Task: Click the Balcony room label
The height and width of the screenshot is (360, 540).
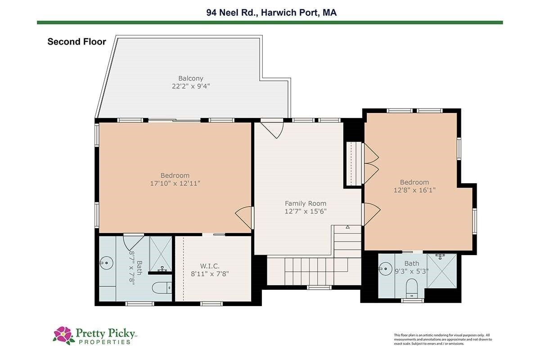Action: coord(190,78)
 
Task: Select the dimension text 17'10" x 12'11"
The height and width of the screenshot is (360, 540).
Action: coord(175,184)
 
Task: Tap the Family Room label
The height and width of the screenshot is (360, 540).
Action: coord(306,203)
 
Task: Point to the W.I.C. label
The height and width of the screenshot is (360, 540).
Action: coord(210,266)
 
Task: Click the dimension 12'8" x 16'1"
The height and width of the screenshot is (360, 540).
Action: coord(414,190)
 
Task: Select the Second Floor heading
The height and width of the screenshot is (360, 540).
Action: coord(76,42)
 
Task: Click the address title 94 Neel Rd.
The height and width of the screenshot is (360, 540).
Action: coord(232,13)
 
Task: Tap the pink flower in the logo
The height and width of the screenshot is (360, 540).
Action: coord(63,334)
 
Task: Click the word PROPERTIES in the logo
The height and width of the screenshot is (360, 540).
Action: coord(104,342)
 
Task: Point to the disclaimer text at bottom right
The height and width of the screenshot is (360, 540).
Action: coord(443,339)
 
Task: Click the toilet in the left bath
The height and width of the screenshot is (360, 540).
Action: coord(162,288)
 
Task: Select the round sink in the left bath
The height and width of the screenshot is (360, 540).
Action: coord(106,263)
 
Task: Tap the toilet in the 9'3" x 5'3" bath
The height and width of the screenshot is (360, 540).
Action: coord(412,288)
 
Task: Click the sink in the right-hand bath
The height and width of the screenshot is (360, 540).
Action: coord(385,269)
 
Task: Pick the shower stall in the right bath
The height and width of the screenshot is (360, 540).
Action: coord(442,270)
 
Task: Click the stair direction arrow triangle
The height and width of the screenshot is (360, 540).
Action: coord(347,227)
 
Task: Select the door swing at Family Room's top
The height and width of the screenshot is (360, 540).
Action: coord(272,130)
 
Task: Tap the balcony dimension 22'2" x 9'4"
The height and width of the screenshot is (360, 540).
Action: coord(191,86)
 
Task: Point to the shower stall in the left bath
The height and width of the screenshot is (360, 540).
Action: coord(161,254)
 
